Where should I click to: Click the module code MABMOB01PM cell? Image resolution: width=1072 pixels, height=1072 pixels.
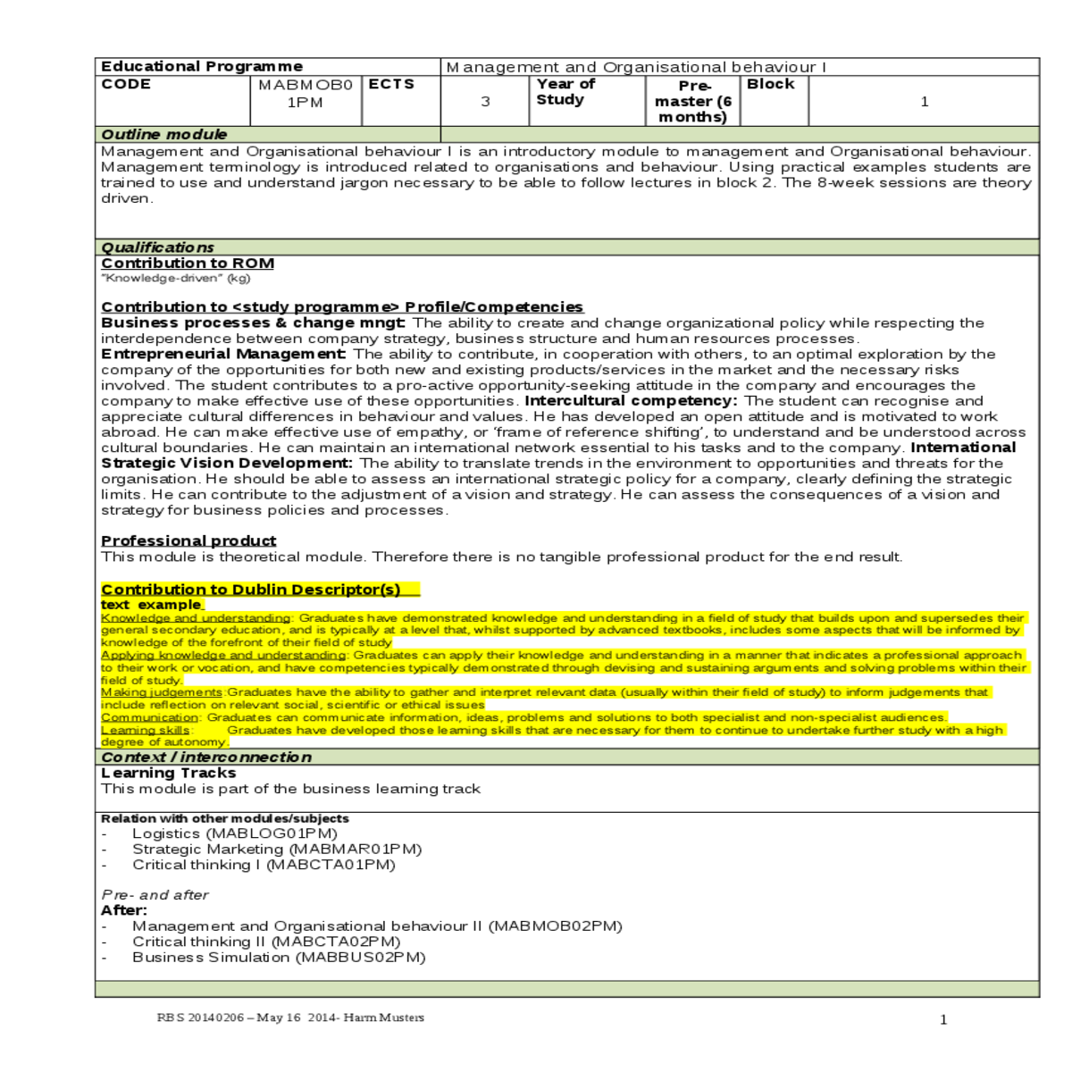click(305, 94)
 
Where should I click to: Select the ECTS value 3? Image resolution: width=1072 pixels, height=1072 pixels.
click(485, 102)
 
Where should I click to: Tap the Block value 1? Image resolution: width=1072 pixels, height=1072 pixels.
click(925, 102)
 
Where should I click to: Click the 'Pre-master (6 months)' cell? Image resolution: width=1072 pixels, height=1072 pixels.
click(693, 101)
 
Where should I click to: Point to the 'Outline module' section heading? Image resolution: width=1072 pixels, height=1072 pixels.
click(164, 135)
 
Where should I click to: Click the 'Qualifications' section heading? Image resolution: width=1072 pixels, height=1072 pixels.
click(157, 247)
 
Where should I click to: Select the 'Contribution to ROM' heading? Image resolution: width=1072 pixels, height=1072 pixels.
click(188, 264)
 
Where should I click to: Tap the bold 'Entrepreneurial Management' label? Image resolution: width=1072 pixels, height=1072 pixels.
click(222, 355)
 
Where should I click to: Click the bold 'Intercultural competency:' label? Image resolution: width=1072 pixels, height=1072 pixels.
click(631, 401)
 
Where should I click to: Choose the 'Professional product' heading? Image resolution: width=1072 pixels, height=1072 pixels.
click(188, 541)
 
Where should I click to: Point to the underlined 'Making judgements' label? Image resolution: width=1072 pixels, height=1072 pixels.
click(162, 692)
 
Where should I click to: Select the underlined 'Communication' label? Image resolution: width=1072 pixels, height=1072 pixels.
click(149, 717)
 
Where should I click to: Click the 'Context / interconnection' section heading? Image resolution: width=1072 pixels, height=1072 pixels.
click(206, 758)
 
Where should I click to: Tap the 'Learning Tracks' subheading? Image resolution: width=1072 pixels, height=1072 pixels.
click(169, 774)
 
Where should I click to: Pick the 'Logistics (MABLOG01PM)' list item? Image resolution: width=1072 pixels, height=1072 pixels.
click(235, 833)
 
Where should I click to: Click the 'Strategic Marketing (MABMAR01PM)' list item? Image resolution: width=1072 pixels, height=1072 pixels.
click(277, 850)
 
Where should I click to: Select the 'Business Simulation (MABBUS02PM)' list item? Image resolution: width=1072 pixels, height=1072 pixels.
click(279, 958)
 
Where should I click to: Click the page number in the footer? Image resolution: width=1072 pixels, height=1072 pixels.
click(943, 1019)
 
